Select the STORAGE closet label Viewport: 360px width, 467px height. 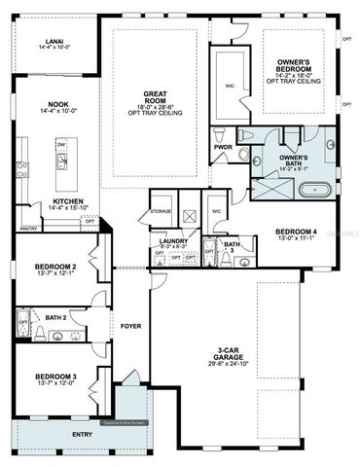(x=161, y=211)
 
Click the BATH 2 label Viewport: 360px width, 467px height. (x=55, y=317)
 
